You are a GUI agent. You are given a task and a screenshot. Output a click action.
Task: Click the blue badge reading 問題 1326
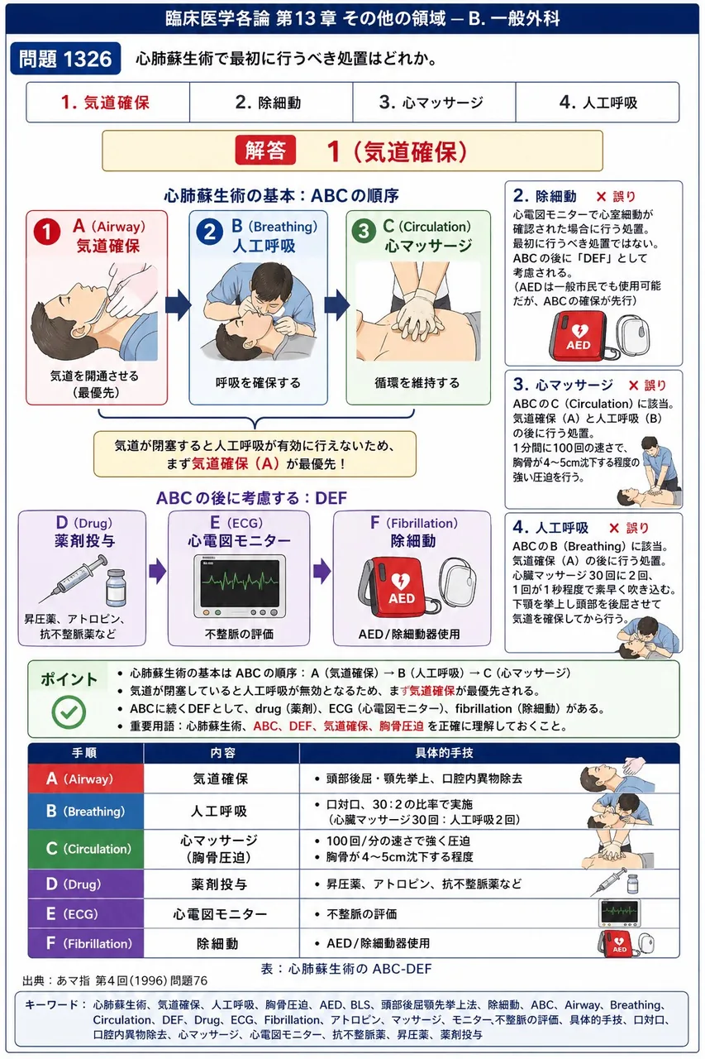(x=65, y=59)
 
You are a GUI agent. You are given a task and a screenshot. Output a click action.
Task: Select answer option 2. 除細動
(x=269, y=103)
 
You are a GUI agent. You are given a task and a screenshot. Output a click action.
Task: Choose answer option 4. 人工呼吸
(x=598, y=103)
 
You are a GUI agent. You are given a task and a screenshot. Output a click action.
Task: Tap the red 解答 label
(x=265, y=151)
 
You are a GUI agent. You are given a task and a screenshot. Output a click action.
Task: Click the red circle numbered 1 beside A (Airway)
(x=47, y=232)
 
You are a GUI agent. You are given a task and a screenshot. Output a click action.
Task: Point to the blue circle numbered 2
(x=209, y=232)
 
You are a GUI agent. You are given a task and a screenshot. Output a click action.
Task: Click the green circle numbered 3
(x=363, y=232)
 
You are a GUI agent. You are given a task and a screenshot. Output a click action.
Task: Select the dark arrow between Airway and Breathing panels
(x=178, y=305)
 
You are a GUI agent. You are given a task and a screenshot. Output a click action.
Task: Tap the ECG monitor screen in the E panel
(x=240, y=584)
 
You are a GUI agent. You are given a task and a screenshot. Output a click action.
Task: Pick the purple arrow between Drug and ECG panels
(x=157, y=571)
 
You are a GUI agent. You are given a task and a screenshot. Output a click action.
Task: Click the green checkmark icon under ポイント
(x=69, y=712)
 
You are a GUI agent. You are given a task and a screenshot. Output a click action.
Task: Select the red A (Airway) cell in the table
(x=85, y=779)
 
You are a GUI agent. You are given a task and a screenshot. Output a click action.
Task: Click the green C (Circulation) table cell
(x=85, y=849)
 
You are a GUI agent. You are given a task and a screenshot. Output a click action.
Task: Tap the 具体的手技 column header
(x=444, y=753)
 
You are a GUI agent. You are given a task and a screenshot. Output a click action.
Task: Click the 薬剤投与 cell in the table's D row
(x=219, y=884)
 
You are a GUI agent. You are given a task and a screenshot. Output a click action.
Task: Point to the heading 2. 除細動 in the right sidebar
(x=545, y=196)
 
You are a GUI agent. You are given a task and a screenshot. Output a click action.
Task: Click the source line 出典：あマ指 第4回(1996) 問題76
(x=115, y=980)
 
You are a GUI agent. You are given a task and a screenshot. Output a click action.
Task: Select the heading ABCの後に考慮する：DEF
(x=252, y=498)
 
